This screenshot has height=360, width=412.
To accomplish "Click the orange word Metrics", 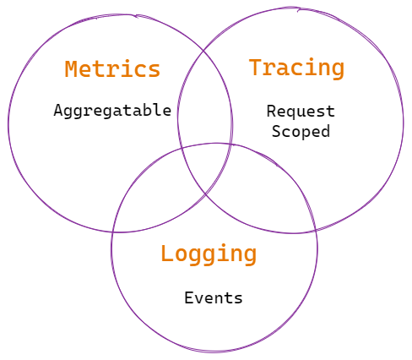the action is [112, 69].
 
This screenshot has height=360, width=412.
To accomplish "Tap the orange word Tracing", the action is [296, 68].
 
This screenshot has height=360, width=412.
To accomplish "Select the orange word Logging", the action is [209, 254].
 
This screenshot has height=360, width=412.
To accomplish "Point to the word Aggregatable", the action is [112, 111].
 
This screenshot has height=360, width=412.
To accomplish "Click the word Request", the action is [301, 112].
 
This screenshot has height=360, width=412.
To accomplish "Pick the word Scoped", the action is [301, 132].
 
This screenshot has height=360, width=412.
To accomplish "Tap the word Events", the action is [214, 298].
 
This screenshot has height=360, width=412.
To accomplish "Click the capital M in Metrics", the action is [72, 69].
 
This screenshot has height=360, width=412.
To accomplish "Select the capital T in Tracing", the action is [256, 67].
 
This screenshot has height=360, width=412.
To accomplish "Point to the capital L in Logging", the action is [168, 254].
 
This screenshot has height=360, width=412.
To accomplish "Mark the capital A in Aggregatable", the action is [58, 110].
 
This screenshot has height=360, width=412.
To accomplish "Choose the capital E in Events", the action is [189, 298].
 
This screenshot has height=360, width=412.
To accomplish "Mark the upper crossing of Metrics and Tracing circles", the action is [203, 51].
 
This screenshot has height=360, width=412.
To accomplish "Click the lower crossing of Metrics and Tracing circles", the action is [206, 194].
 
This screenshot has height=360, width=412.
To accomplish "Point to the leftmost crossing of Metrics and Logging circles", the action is [112, 232].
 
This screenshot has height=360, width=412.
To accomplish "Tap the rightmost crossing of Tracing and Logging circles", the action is [316, 231].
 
